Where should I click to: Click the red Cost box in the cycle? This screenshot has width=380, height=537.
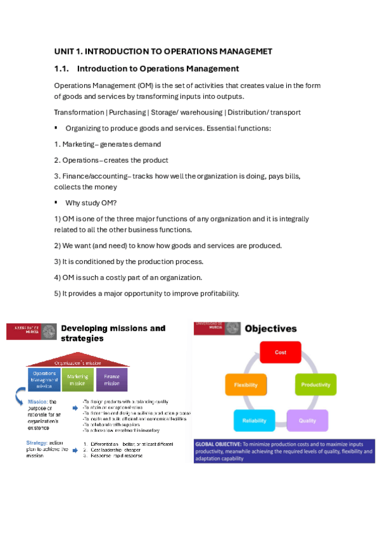point(281,352)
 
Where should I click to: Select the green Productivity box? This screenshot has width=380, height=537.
point(315,384)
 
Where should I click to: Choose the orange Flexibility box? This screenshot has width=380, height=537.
point(246,384)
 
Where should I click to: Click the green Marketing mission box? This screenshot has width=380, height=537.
point(78,379)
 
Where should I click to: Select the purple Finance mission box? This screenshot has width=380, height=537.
point(111,379)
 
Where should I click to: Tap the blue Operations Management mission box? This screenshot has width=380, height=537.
point(44,379)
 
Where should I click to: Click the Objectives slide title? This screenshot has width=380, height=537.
point(270,329)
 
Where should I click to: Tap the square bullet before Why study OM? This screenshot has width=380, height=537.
point(56,202)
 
